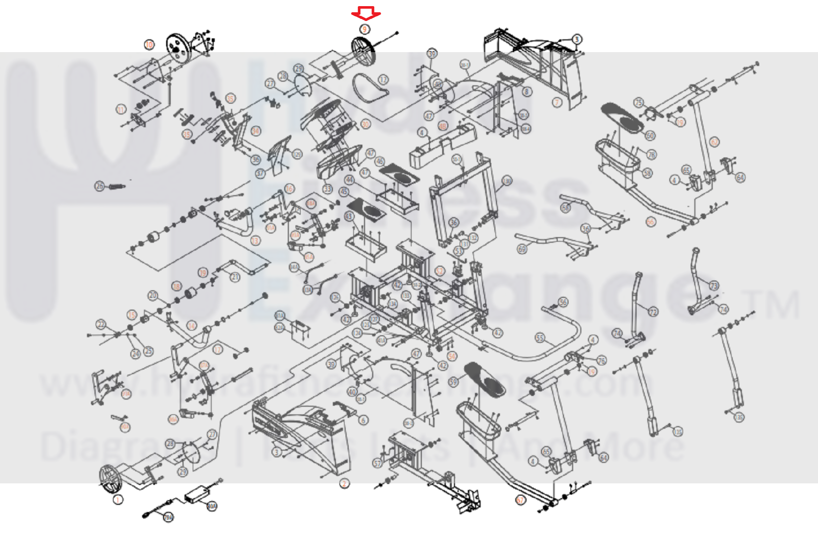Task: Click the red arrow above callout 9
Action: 366,13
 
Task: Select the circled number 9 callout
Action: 365,29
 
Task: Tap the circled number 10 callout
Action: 149,44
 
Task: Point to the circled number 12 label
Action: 384,80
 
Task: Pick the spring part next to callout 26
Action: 115,187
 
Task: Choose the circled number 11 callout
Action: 121,109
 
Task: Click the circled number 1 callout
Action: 118,500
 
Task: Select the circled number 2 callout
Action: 344,483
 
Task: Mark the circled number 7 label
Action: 557,102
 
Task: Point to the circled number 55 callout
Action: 540,338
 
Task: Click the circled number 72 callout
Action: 653,312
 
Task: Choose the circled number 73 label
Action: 714,285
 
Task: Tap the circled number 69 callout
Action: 522,250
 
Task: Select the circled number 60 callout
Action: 650,136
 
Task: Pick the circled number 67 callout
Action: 520,500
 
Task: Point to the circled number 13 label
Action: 255,240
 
